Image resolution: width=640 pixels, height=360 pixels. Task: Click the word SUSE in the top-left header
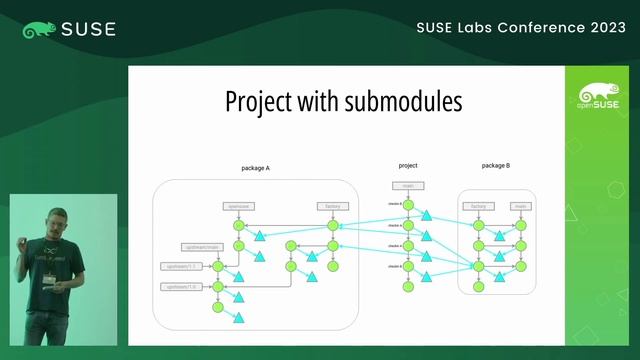point(88,29)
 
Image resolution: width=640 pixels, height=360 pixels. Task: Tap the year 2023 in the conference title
point(594,28)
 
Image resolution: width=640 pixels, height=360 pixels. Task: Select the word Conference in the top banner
point(521,28)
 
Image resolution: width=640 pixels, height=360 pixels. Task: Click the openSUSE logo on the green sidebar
point(597,97)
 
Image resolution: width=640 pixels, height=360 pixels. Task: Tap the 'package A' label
point(256,168)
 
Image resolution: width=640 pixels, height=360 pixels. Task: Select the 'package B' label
point(496,165)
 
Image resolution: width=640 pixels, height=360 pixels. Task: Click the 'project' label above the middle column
point(408,165)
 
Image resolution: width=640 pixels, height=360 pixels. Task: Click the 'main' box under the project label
point(408,185)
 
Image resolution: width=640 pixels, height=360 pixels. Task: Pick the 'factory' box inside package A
point(333,206)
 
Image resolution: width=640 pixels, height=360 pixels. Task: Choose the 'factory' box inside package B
point(478,206)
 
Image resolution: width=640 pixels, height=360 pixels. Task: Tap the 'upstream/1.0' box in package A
point(180,287)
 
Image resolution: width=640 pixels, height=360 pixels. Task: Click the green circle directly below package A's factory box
point(333,226)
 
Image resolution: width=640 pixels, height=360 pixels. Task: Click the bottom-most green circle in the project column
point(407,287)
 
